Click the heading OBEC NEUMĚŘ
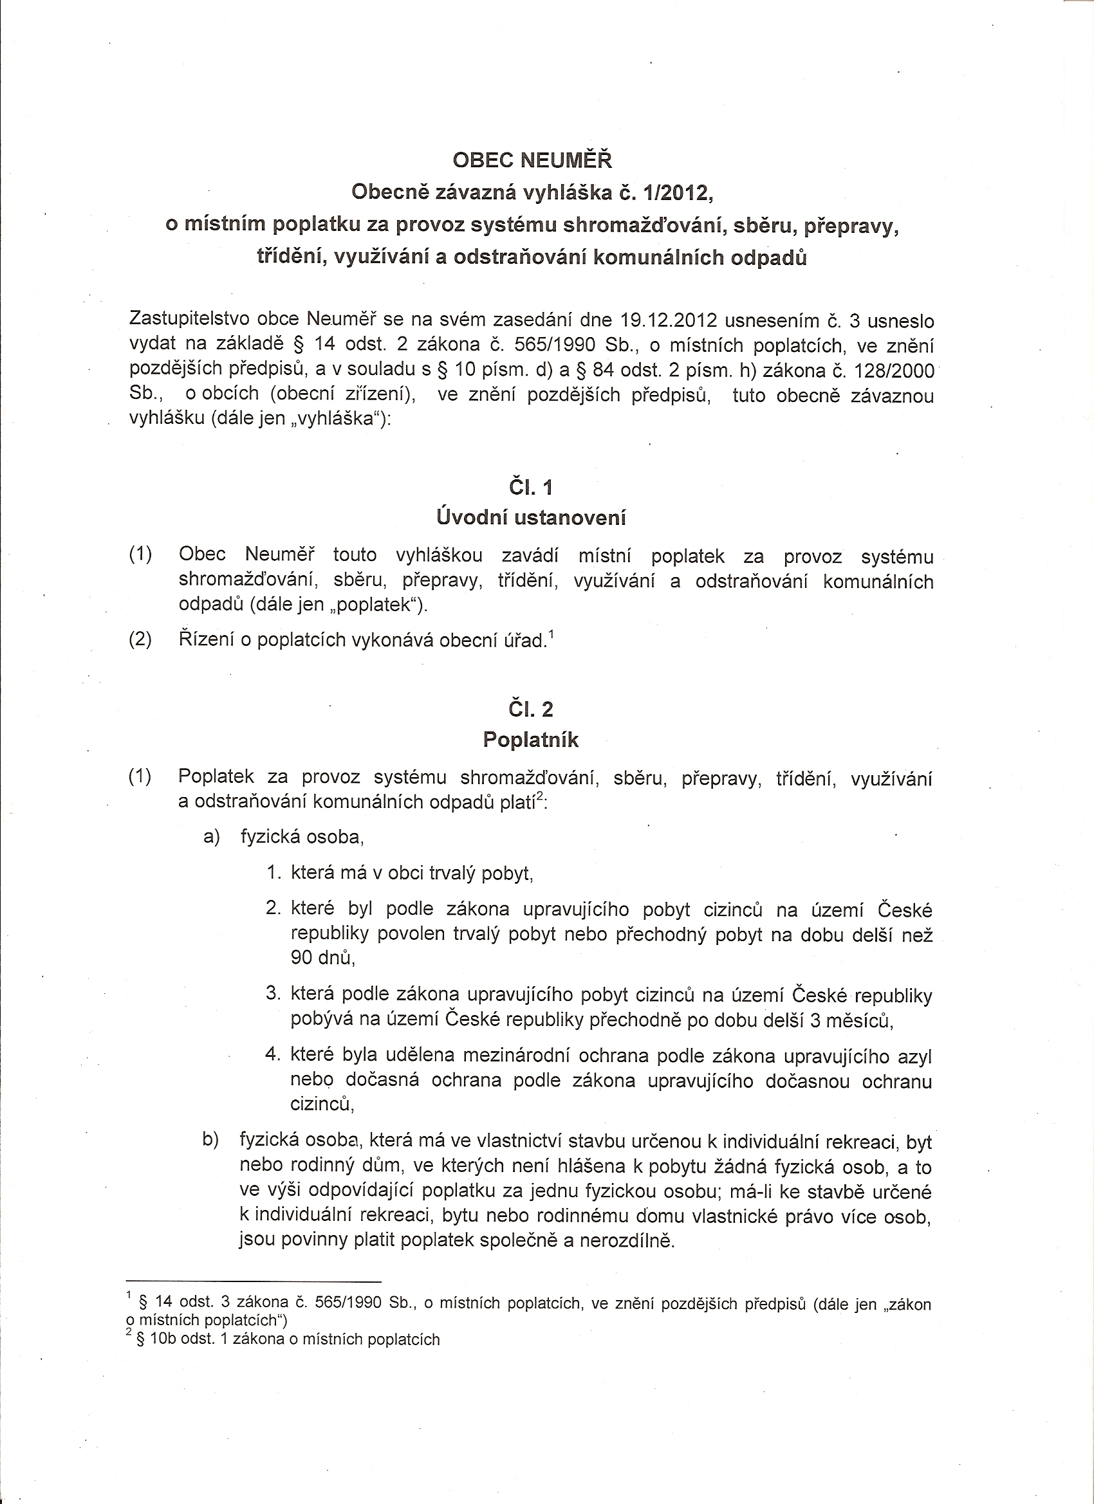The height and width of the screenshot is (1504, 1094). [x=532, y=161]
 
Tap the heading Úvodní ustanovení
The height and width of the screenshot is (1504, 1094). [x=531, y=517]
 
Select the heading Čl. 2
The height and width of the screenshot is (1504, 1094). [x=531, y=710]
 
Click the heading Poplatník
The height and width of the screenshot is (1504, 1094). [x=531, y=740]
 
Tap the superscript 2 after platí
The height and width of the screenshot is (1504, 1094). [x=539, y=796]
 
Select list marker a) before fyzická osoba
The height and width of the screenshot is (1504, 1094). [x=212, y=838]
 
